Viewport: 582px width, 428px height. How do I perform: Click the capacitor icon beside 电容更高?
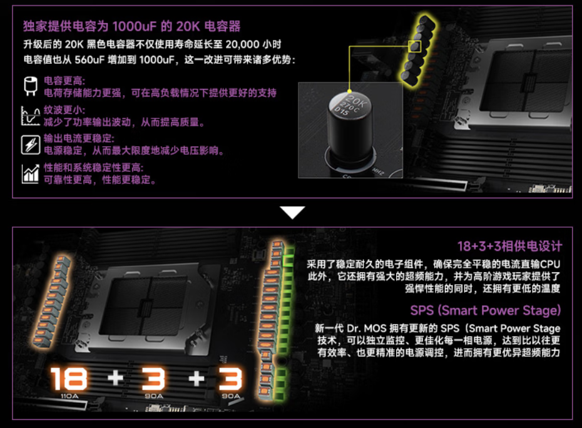[31, 86]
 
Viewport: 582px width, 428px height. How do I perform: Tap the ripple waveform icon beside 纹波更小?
[31, 115]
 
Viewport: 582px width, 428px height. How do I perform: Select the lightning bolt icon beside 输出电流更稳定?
[31, 145]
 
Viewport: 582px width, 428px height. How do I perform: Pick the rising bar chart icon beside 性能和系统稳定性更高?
[31, 174]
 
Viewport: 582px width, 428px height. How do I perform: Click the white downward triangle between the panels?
[292, 211]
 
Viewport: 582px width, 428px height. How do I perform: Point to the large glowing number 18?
[69, 379]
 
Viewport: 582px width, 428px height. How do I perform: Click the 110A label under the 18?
[69, 396]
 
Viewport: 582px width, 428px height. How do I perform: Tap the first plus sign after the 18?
[115, 378]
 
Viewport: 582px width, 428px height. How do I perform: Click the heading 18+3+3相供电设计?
[509, 246]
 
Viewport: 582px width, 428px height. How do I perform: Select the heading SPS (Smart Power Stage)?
[485, 310]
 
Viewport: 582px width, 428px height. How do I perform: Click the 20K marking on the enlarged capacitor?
[357, 100]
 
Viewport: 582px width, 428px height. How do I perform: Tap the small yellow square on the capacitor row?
[415, 46]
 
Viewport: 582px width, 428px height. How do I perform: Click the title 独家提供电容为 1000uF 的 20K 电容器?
[132, 26]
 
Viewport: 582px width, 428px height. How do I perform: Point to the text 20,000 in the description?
[242, 44]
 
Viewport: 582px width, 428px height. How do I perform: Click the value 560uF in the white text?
[89, 60]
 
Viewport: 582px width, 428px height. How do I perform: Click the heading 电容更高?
[64, 81]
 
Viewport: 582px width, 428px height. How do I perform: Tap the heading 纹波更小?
[64, 110]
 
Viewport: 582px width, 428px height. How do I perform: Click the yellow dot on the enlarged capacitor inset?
[349, 91]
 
